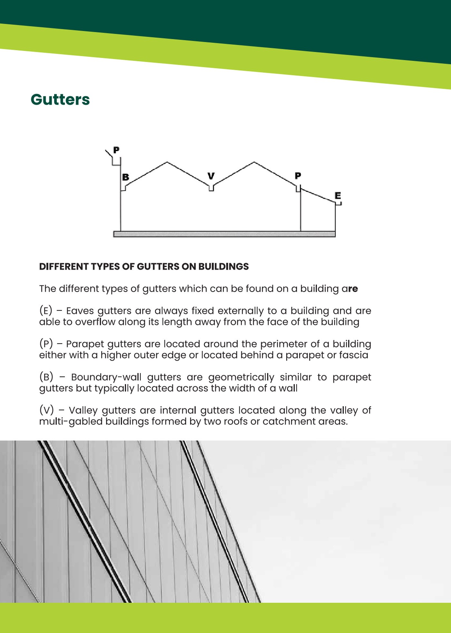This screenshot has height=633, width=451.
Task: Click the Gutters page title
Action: coord(60,100)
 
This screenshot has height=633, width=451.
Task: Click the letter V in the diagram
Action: coord(211,176)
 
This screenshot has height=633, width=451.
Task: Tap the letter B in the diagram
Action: coord(126,177)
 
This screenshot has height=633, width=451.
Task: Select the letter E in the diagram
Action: coord(338,196)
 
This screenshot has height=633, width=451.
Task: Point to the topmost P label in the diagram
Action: coord(116,150)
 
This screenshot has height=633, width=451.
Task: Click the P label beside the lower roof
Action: coord(298,176)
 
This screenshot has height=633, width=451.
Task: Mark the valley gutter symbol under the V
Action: coord(211,188)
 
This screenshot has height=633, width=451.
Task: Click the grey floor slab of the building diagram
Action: coord(224,234)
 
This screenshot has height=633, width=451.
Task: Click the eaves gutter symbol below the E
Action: coord(339,204)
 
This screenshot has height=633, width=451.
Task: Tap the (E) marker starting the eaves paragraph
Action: coord(46,311)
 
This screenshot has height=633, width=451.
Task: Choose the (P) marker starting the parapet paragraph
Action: coord(46,344)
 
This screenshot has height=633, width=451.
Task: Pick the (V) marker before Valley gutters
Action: coord(46,410)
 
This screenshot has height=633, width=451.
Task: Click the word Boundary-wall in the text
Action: coord(106,377)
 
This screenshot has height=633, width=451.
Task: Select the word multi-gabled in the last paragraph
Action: coord(71,422)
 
